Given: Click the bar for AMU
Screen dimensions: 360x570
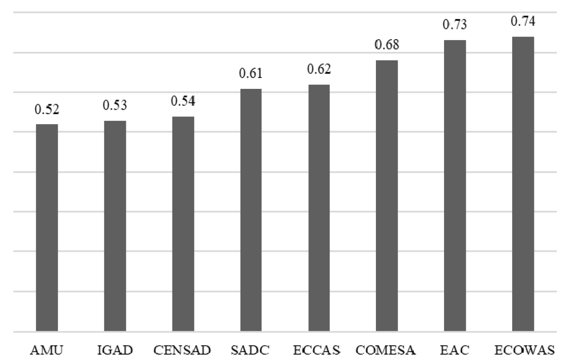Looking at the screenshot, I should click(47, 228).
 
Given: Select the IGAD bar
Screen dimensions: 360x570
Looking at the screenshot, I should click(115, 226).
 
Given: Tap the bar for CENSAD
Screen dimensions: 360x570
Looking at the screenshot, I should click(183, 224).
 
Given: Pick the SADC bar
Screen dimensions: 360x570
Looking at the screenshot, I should click(251, 210).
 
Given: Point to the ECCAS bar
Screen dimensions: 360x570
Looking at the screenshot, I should click(319, 208).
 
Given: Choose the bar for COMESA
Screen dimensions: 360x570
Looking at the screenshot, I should click(387, 196).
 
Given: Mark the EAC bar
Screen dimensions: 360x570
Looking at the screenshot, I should click(455, 186).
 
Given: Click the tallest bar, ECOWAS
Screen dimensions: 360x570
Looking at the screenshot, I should click(523, 184).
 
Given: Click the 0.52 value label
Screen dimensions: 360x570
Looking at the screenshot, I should click(47, 110).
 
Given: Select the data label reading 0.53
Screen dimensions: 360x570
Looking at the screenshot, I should click(115, 106).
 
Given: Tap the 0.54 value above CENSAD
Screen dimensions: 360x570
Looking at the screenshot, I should click(183, 102).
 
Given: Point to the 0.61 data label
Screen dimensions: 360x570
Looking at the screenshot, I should click(251, 74).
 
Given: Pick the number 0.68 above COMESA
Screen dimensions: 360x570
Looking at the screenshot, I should click(387, 46).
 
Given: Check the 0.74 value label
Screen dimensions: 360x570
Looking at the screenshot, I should click(523, 22).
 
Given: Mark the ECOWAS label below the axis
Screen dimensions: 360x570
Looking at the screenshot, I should click(524, 350).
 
